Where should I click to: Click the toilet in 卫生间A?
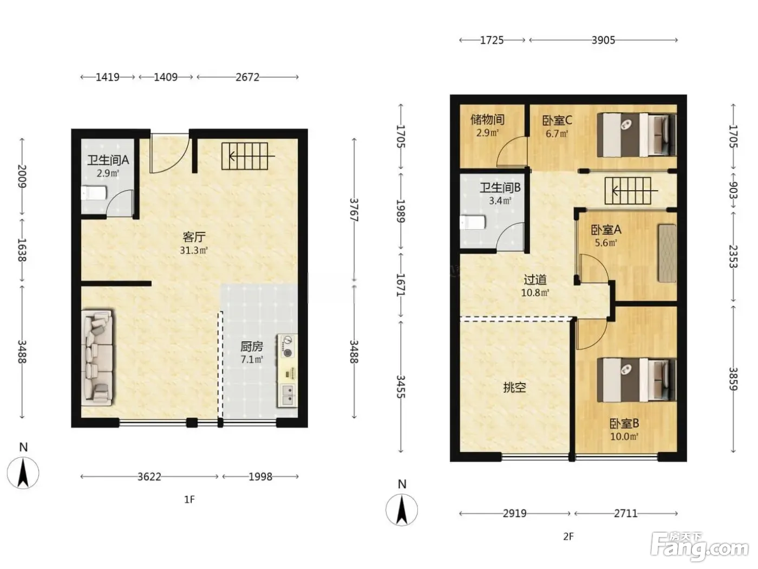(94, 193)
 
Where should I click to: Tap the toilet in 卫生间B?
(473, 222)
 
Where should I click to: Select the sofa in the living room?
(97, 358)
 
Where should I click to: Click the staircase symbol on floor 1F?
(247, 156)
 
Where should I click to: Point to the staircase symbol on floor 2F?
(631, 191)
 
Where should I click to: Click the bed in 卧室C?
(636, 135)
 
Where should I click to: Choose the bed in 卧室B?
(636, 380)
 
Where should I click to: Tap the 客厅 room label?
(194, 237)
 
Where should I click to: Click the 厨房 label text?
(252, 346)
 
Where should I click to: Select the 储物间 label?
(487, 120)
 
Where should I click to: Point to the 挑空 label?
(514, 387)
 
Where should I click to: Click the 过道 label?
(535, 280)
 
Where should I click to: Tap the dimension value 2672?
(247, 77)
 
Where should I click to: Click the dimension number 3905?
(603, 41)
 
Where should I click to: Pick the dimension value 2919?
(514, 514)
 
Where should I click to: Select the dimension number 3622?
(149, 477)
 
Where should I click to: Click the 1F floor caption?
(190, 500)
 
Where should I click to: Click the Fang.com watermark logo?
(700, 547)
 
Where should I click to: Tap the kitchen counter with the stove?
(287, 370)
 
